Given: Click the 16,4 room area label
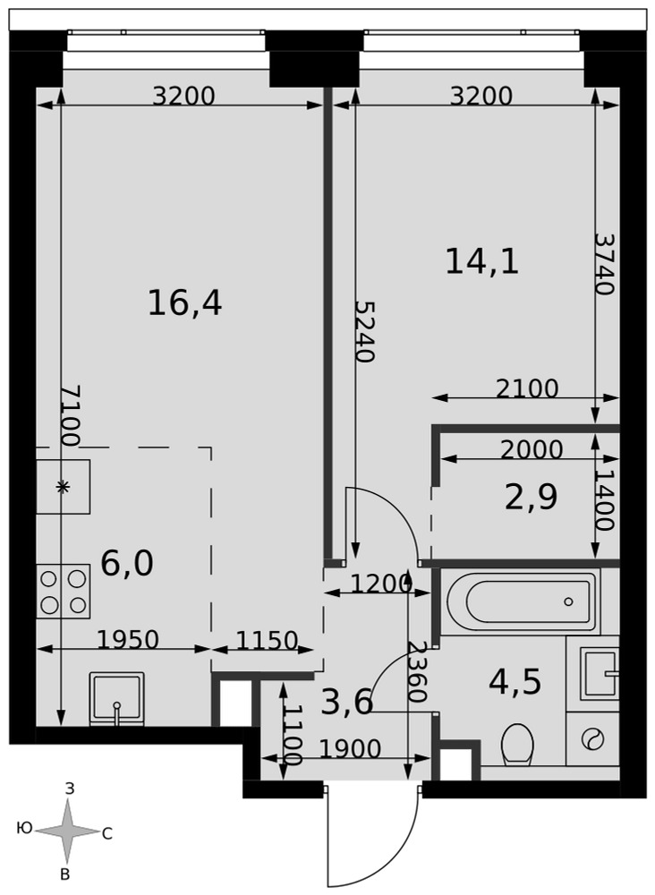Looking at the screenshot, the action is (x=185, y=303).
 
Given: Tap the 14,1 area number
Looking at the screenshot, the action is (x=482, y=262).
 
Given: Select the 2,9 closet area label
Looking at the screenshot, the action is (x=532, y=497).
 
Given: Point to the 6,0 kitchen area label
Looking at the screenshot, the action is (x=127, y=564).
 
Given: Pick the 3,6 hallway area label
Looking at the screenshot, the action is (x=347, y=702).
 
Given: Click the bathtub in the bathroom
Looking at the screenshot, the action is (x=521, y=601).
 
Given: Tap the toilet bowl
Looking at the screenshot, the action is (x=517, y=745).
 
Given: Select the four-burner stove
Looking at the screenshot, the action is (x=64, y=591).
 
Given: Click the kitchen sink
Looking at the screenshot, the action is (x=117, y=699).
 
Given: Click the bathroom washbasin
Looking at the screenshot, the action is (x=600, y=674).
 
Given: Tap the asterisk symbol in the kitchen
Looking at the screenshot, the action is (x=63, y=486).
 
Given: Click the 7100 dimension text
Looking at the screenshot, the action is (x=70, y=415).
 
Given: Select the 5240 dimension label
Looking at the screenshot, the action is (x=364, y=331).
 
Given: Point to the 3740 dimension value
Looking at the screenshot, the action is (x=604, y=263).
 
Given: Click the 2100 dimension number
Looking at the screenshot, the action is (x=527, y=388).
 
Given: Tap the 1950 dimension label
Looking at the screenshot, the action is (x=128, y=640).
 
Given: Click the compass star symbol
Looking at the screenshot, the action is (x=67, y=831).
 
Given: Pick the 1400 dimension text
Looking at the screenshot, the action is (x=604, y=500).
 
